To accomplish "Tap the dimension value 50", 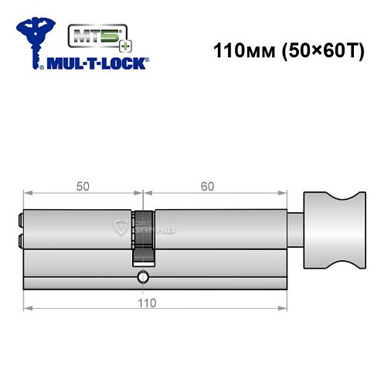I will tap(82, 185).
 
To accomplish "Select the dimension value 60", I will tap(206, 185).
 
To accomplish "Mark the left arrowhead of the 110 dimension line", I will tap(27, 308).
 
